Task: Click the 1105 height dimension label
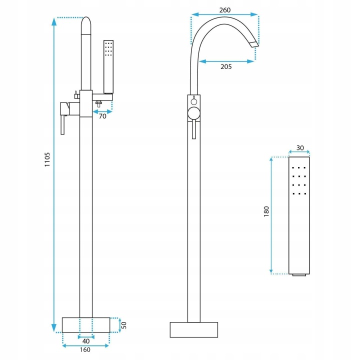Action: pyautogui.click(x=47, y=159)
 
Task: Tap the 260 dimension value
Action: pyautogui.click(x=225, y=10)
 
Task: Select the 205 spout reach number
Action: pyautogui.click(x=226, y=67)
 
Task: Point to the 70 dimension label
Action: pyautogui.click(x=102, y=116)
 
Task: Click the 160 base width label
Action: pyautogui.click(x=85, y=349)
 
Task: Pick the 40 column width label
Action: pyautogui.click(x=86, y=341)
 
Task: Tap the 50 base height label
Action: pyautogui.click(x=124, y=325)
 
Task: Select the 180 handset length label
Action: pyautogui.click(x=266, y=211)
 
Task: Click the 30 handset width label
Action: pyautogui.click(x=300, y=148)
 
